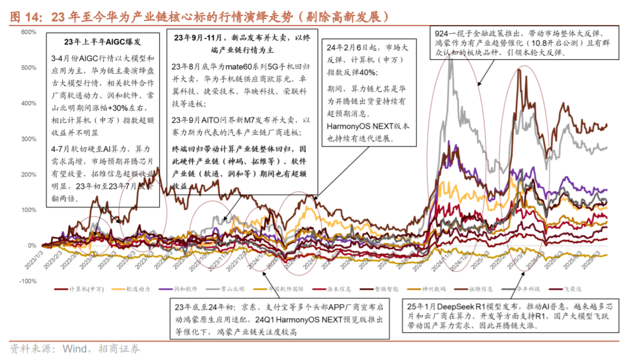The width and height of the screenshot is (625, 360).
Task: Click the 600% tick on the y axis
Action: point(28,32)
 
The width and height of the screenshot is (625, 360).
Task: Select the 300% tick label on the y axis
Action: point(28,139)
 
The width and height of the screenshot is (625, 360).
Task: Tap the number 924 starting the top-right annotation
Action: point(444,33)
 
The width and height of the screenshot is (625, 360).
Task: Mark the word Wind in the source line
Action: point(59,349)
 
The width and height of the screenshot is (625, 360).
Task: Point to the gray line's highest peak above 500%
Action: point(450,59)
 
